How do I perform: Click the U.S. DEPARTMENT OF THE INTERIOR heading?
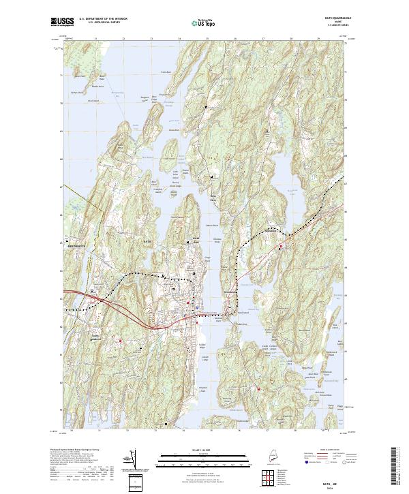pyautogui.click(x=103, y=19)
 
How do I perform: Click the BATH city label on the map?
pyautogui.click(x=146, y=242)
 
